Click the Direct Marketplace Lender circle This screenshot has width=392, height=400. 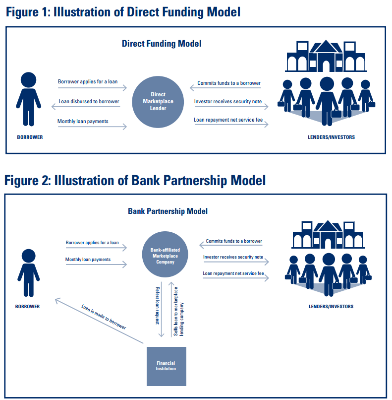click(x=158, y=102)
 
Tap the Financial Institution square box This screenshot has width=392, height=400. click(x=166, y=366)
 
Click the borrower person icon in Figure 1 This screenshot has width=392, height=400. click(x=28, y=99)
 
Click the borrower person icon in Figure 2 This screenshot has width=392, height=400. click(x=28, y=273)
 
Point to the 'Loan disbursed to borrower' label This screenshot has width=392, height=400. click(x=89, y=101)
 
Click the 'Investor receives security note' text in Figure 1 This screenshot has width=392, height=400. click(x=228, y=101)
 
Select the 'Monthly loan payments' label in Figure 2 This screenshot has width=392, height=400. click(x=88, y=260)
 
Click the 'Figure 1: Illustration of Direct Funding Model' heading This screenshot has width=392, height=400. click(x=123, y=12)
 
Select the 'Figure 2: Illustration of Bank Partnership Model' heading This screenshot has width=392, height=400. click(x=135, y=180)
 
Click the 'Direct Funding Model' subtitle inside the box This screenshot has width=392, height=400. click(x=162, y=44)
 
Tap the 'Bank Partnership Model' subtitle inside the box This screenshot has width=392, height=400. click(x=168, y=211)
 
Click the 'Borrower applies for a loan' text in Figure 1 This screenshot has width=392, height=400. click(x=88, y=81)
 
